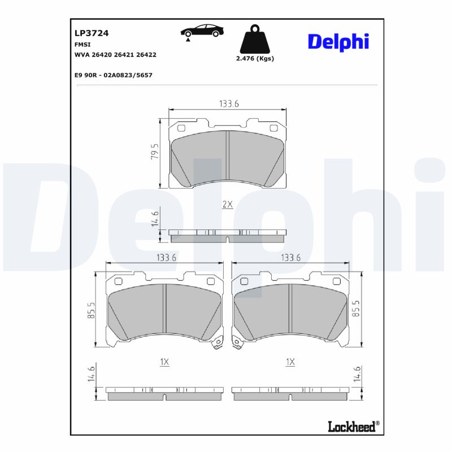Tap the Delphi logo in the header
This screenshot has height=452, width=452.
(x=338, y=41)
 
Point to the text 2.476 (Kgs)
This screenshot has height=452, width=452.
(x=254, y=59)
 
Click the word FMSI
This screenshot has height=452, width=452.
(x=82, y=44)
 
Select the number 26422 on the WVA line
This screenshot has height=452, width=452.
(x=146, y=55)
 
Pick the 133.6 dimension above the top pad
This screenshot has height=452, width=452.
(x=229, y=103)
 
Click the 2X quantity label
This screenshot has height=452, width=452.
(x=227, y=205)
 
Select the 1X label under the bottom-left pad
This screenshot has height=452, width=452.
(x=164, y=362)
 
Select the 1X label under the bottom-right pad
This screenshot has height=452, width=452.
(x=290, y=362)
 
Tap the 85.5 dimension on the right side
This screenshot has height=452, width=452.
(x=356, y=310)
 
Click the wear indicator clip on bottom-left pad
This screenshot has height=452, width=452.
(x=216, y=344)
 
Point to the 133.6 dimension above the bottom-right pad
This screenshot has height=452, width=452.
(x=290, y=258)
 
